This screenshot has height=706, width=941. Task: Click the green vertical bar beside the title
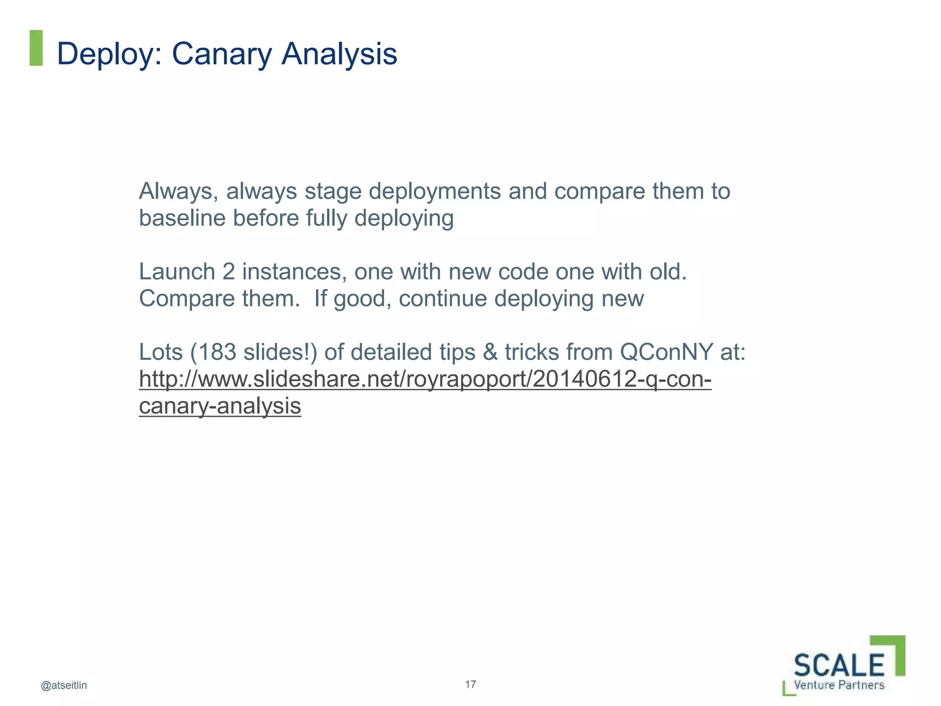(36, 48)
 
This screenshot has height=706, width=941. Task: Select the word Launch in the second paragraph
(177, 272)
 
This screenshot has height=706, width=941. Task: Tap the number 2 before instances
(228, 272)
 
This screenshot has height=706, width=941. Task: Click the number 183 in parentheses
(216, 353)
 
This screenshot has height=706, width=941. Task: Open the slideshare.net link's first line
(425, 380)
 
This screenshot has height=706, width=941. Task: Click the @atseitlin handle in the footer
(64, 685)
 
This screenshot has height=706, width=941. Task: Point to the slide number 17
(470, 684)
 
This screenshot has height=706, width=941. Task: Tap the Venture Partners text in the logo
(839, 685)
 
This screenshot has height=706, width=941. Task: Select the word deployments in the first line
(435, 191)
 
